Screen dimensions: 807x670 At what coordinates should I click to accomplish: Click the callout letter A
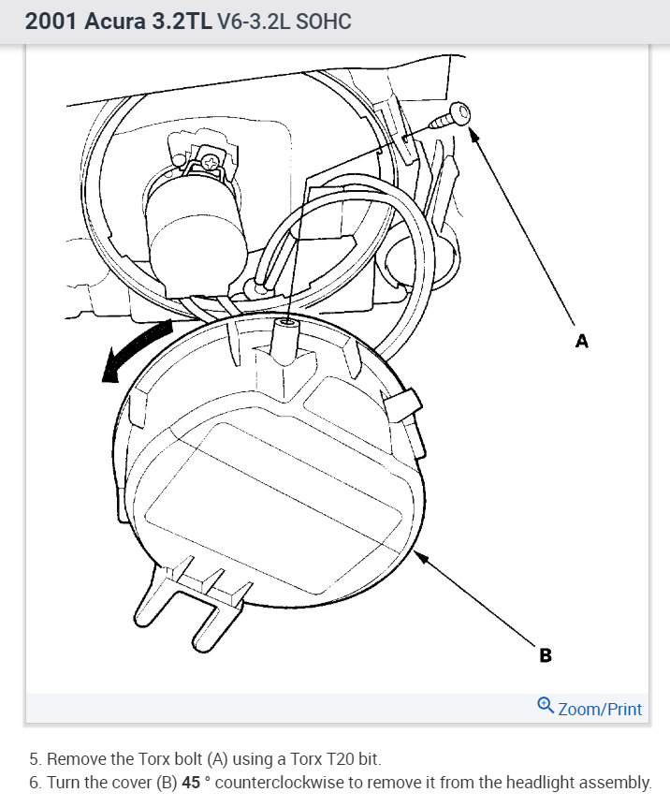click(582, 342)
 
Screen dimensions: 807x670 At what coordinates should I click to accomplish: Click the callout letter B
click(546, 655)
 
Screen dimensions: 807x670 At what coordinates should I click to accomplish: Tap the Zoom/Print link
click(600, 709)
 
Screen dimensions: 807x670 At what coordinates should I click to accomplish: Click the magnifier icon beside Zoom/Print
click(546, 706)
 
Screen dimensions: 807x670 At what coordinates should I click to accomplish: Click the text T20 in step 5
click(301, 758)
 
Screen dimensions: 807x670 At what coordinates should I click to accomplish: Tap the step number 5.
click(34, 758)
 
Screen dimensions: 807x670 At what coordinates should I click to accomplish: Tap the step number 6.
click(34, 783)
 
